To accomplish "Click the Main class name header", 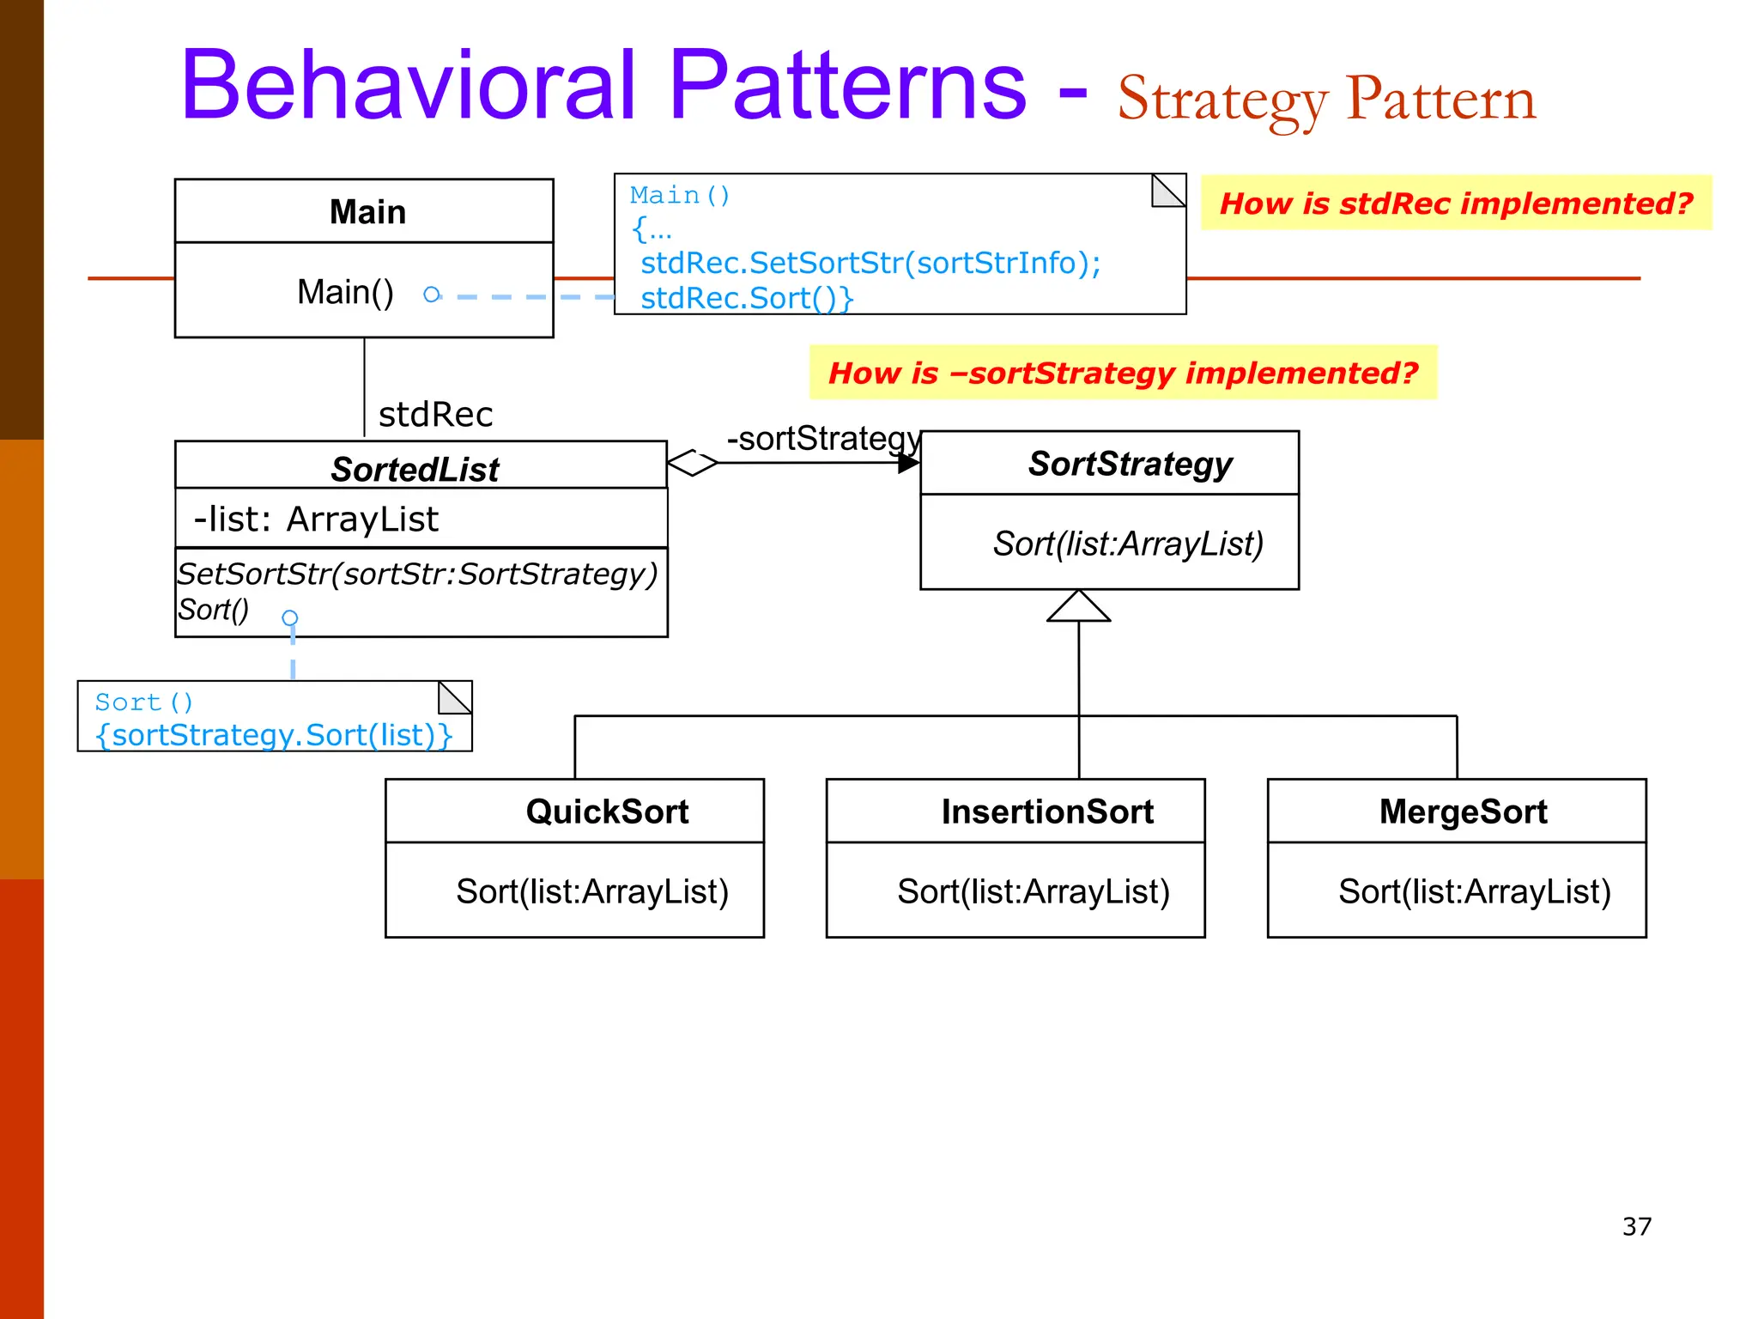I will [367, 212].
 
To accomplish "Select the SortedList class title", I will [415, 470].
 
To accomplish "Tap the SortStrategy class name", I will [1130, 464].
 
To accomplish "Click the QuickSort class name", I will [607, 811].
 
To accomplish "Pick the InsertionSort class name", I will [1046, 811].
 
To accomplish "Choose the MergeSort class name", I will [1463, 811].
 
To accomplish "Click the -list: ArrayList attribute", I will [316, 520].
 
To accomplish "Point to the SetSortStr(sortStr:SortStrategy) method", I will [417, 574].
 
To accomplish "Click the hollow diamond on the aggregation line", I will [692, 463].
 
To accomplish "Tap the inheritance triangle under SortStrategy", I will [1078, 607].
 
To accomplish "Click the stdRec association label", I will [435, 415].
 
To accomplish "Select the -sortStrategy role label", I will [822, 439].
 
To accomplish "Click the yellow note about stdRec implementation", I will [1456, 204].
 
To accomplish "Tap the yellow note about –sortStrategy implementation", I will [1123, 373].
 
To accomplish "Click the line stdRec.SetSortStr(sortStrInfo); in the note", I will [870, 263].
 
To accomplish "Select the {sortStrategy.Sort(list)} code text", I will [274, 735].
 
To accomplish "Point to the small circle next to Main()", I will [432, 295].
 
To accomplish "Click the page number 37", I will [1636, 1226].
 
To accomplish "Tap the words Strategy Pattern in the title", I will [1326, 100].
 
